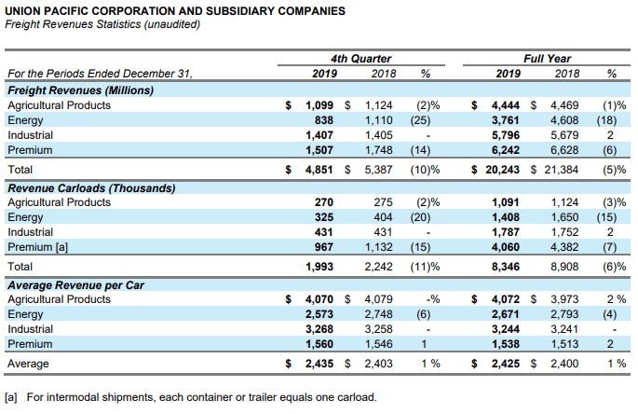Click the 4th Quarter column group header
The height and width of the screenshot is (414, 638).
360,59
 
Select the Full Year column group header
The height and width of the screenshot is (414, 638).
547,59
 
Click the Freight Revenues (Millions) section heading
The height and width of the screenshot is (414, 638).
80,90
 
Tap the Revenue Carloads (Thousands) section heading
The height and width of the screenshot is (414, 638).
91,188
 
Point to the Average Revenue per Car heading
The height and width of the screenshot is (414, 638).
75,285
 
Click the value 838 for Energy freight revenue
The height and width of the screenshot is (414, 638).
323,120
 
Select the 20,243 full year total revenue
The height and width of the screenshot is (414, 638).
502,170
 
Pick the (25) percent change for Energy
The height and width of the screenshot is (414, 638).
420,120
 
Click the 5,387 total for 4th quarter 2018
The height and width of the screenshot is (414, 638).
378,170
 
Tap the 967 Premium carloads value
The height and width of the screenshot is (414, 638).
323,247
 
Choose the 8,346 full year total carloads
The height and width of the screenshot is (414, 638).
506,267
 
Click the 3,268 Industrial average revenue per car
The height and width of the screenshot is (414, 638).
319,329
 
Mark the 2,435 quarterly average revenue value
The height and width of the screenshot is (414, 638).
319,364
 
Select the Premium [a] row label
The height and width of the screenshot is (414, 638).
37,247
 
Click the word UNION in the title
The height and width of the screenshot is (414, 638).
23,11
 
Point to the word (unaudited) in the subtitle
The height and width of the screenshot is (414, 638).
172,24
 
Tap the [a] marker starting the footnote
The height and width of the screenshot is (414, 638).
11,397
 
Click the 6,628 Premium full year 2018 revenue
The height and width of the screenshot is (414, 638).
564,150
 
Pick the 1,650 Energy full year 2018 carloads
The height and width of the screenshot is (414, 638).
564,217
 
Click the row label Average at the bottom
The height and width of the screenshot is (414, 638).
28,364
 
